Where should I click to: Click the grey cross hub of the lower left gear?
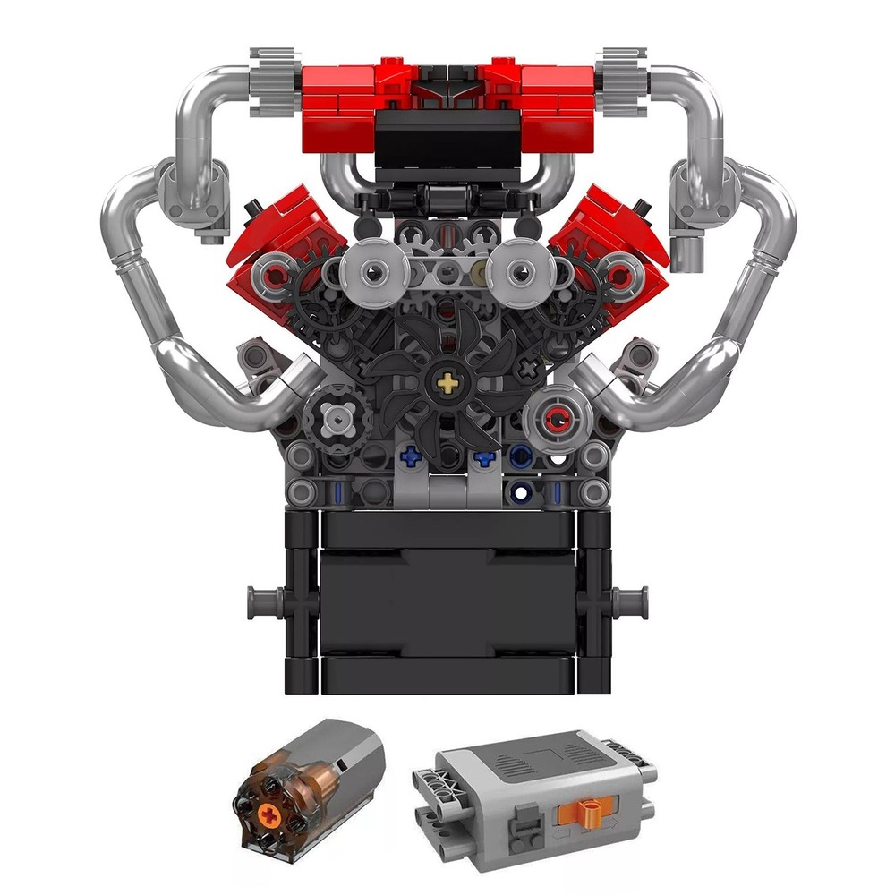tap(337, 415)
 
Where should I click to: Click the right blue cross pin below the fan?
tap(484, 458)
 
